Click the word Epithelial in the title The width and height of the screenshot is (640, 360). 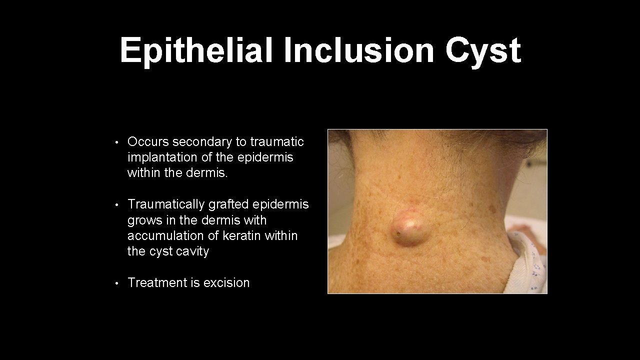196,50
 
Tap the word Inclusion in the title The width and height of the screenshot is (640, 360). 359,50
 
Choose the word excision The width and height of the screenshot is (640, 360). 226,282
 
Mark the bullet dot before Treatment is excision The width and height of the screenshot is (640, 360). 116,283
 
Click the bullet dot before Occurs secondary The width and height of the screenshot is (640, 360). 116,142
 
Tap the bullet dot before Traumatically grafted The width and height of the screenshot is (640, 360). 116,205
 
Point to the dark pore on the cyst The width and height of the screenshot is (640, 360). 398,233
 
